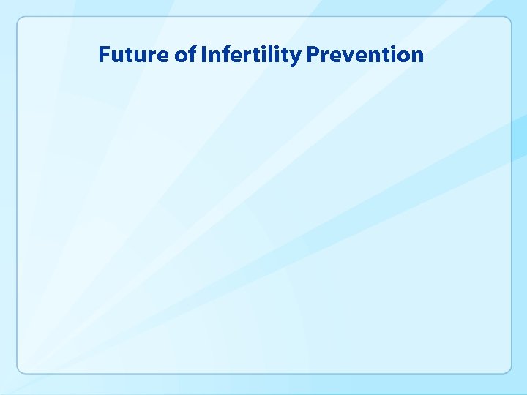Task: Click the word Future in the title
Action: (134, 55)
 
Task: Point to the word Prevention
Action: (365, 55)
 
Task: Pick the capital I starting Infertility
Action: (203, 55)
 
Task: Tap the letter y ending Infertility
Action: (296, 58)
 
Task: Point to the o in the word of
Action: (182, 57)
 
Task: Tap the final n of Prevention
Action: (416, 57)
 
